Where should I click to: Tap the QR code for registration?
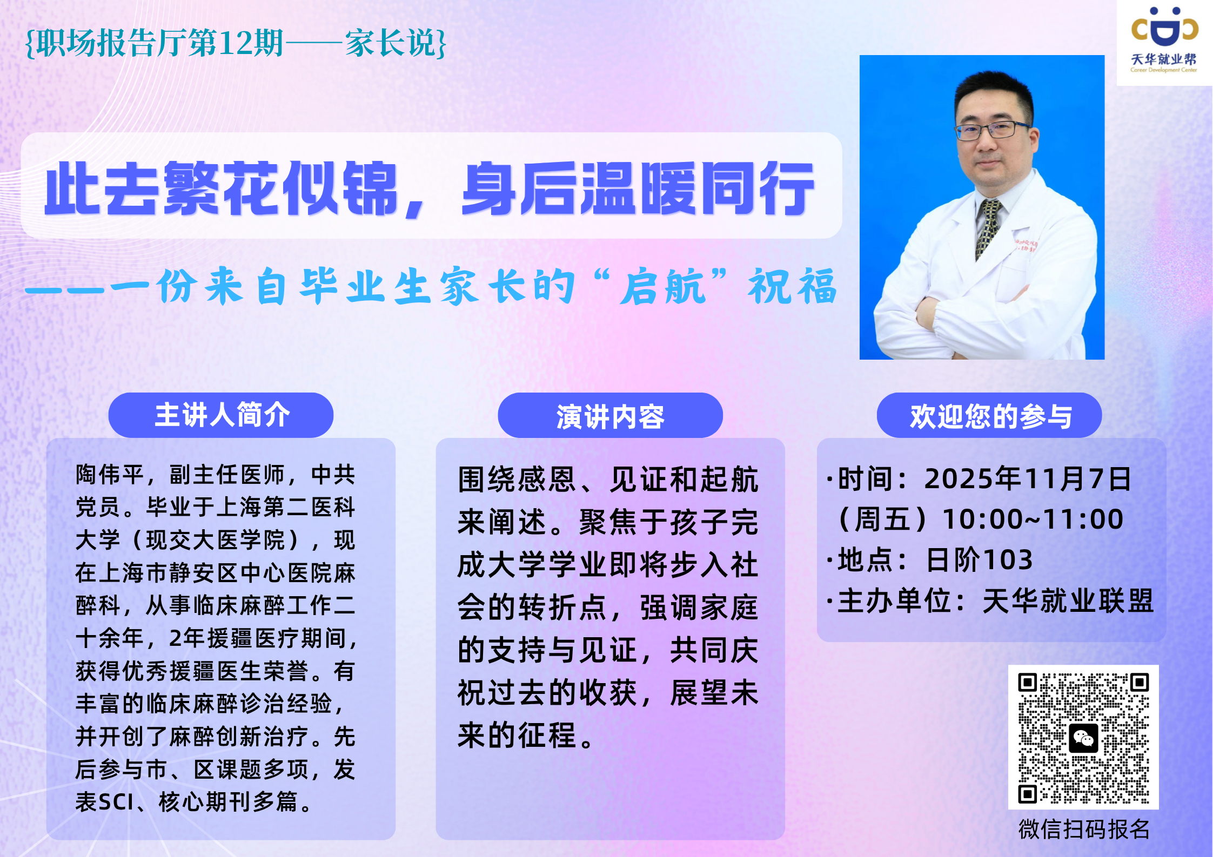coord(1083,737)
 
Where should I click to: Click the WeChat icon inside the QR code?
coord(1083,738)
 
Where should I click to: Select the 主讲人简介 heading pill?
coord(221,415)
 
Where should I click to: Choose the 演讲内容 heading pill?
coord(610,415)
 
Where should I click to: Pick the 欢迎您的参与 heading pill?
coord(989,415)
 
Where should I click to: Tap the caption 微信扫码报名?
coord(1084,829)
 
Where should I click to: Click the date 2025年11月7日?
coord(1028,478)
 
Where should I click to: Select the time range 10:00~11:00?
coord(1033,519)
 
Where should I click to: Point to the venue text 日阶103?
coord(979,559)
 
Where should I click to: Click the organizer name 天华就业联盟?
coord(1068,600)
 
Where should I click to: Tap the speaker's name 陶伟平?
coord(110,475)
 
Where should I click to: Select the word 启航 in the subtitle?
coord(664,286)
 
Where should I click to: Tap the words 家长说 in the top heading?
coord(391,43)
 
